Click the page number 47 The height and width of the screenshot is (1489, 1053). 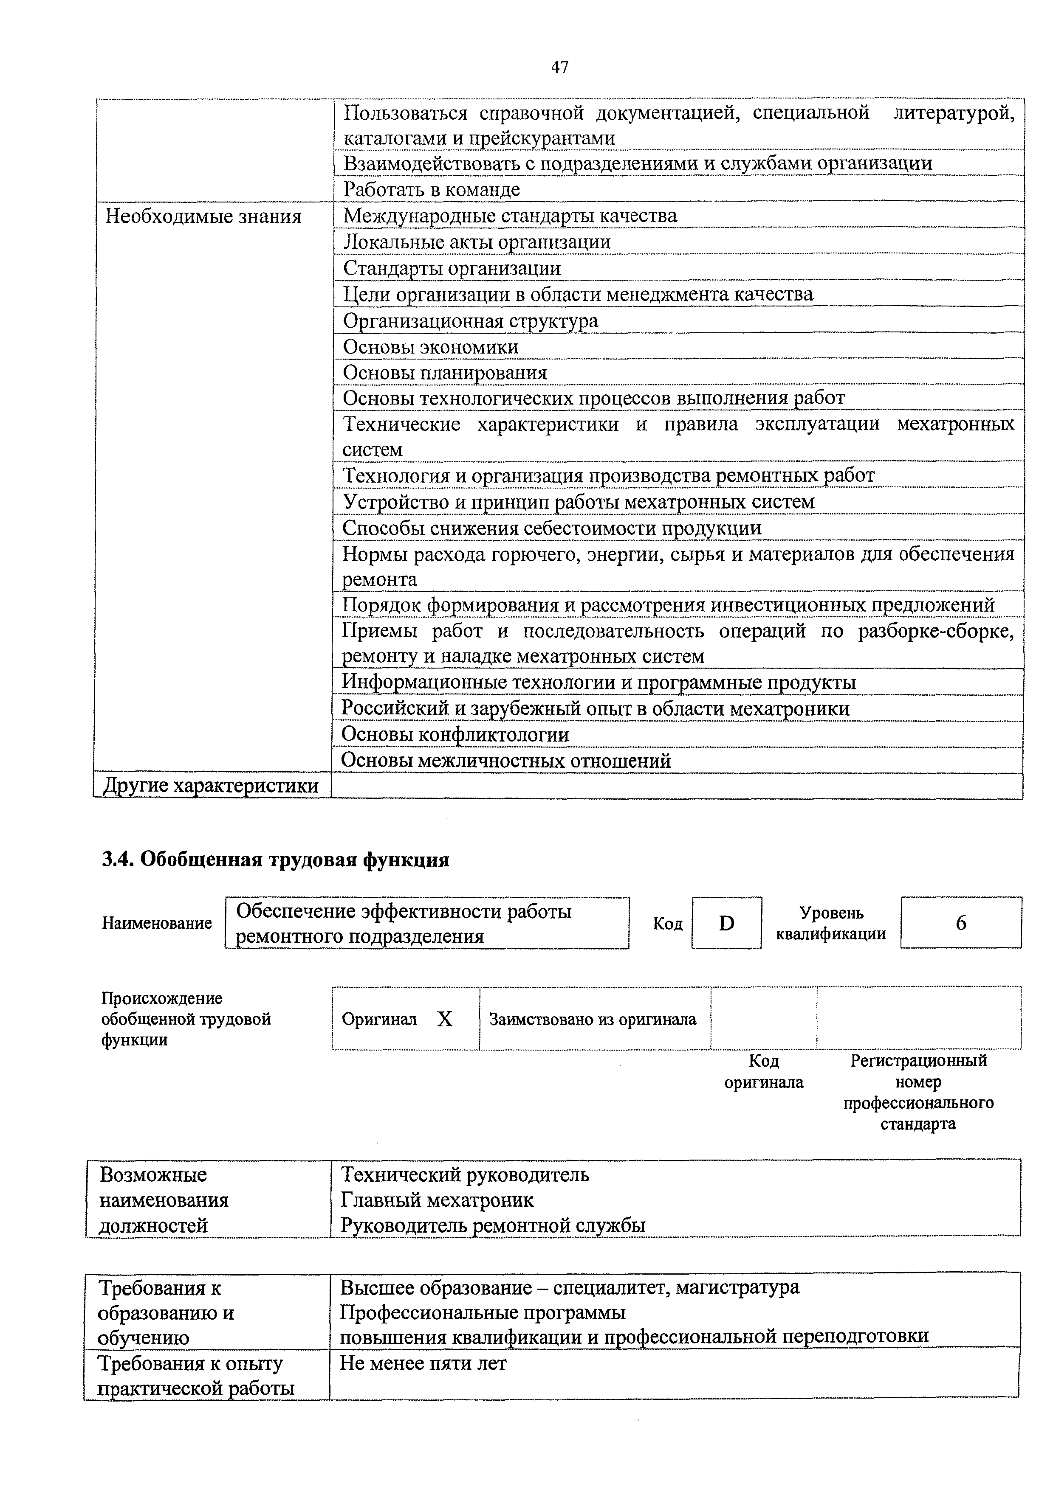click(559, 67)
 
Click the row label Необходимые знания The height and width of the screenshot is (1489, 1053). click(204, 216)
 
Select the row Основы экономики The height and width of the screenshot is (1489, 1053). click(431, 347)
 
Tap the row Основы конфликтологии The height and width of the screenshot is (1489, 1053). click(455, 734)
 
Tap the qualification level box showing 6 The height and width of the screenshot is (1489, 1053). click(960, 923)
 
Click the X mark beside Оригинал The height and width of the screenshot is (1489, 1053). click(444, 1020)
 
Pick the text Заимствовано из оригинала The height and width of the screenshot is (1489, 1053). click(593, 1020)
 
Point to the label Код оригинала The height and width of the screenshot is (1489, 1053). click(764, 1071)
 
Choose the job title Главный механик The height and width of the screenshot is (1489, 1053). click(437, 1200)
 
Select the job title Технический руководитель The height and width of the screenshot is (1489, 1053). click(465, 1174)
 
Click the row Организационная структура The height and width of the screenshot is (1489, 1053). click(470, 321)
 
